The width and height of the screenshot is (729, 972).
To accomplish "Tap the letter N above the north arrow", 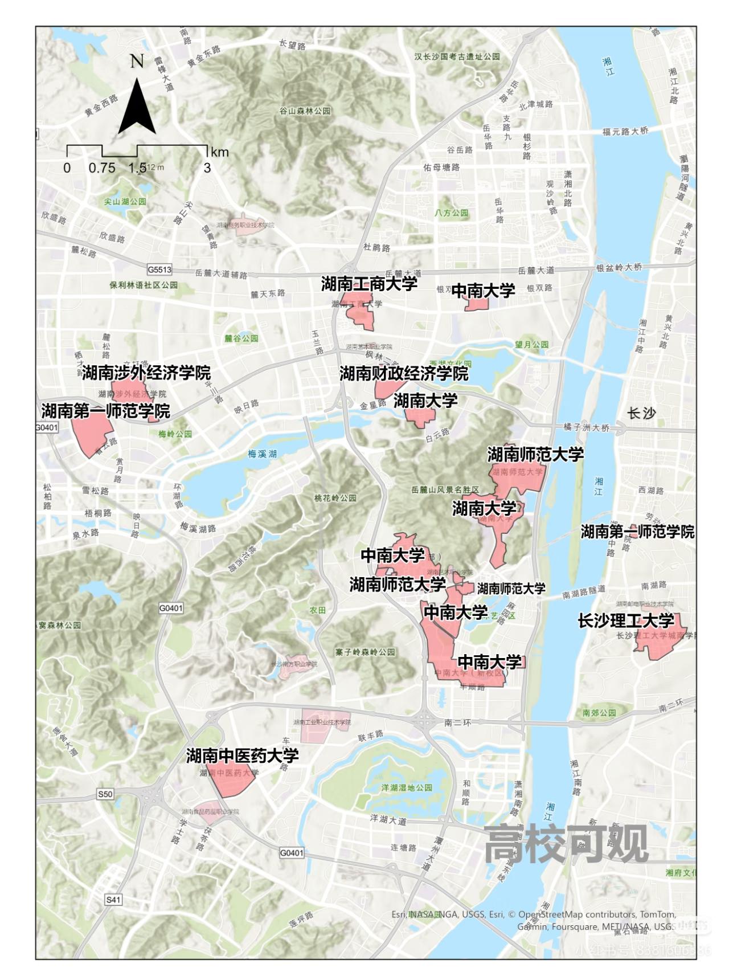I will (x=137, y=61).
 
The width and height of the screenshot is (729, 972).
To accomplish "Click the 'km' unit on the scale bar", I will (x=219, y=152).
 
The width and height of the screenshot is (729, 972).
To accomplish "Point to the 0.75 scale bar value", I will (x=102, y=168).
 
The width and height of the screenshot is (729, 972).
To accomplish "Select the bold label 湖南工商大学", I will (x=369, y=284).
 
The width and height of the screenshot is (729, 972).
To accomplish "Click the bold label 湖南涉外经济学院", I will (x=146, y=373).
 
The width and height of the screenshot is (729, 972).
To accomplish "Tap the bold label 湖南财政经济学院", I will (x=404, y=374).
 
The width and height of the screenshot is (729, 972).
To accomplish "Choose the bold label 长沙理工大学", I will (x=625, y=620).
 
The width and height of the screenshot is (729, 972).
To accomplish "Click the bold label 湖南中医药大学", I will (x=243, y=756).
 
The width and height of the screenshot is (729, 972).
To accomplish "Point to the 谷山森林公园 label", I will (x=305, y=111).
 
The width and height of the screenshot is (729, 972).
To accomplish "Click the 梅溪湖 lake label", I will (x=263, y=454).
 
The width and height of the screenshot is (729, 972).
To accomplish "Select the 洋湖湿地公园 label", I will (x=407, y=787).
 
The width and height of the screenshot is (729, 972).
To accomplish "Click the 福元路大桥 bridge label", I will (x=625, y=131).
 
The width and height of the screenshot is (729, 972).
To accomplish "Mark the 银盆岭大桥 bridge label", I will (x=619, y=267).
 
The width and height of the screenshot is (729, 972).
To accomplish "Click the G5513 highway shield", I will (x=159, y=270).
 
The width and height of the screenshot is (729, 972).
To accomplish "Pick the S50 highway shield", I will (x=105, y=794).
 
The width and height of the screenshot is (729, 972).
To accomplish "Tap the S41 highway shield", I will (x=113, y=899).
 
